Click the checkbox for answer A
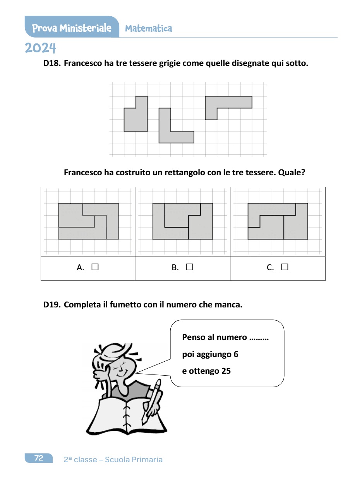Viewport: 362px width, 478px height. pos(95,267)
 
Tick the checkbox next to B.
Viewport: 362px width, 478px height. pos(189,267)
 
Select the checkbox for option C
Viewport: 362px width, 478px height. pos(285,267)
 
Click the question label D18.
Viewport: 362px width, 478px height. pos(52,64)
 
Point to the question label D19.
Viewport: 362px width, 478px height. pos(52,305)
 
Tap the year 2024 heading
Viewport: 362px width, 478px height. pos(41,48)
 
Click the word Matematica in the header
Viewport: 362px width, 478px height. pos(149,29)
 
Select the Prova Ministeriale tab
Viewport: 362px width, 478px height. pos(72,28)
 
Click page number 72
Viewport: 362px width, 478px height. pos(39,458)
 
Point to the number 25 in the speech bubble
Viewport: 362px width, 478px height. pos(226,371)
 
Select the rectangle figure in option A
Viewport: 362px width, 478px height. pos(88,221)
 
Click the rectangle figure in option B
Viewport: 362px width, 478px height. pos(183,221)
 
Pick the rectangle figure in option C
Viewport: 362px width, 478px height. pos(278,221)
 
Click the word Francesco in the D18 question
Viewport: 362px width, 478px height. pos(82,64)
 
